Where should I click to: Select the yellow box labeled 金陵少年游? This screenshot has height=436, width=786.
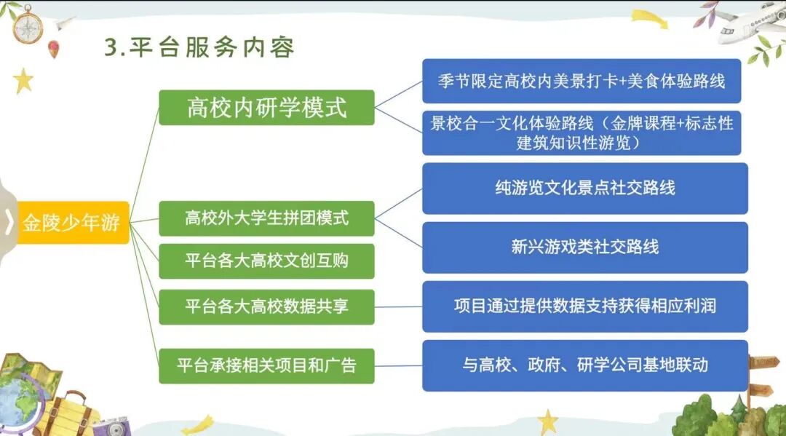click(x=71, y=223)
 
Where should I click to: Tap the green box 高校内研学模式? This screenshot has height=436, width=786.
click(x=266, y=108)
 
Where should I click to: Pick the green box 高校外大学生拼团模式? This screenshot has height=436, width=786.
click(x=266, y=218)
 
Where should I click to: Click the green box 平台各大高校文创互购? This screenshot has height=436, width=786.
click(x=266, y=261)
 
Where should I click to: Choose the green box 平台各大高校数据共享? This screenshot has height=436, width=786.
click(x=266, y=306)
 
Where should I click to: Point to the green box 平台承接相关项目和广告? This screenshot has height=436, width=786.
click(x=266, y=366)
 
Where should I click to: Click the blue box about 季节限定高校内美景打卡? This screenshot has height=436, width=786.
click(x=581, y=81)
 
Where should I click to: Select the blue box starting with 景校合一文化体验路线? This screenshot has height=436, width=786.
click(x=581, y=132)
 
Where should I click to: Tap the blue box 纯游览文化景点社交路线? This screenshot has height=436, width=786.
click(x=584, y=188)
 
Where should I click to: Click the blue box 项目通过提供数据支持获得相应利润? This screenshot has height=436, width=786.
click(x=584, y=306)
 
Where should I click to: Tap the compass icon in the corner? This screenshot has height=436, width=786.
click(x=28, y=24)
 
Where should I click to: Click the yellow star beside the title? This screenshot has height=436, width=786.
click(x=23, y=80)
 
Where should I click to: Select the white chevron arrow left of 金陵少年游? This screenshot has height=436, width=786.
click(x=9, y=222)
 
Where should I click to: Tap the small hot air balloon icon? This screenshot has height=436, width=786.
click(x=53, y=49)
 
